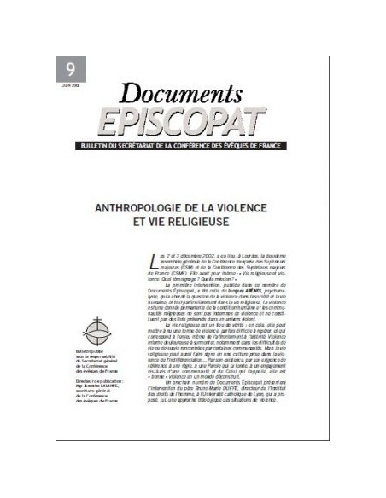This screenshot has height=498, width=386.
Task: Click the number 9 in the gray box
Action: tap(66, 68)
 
